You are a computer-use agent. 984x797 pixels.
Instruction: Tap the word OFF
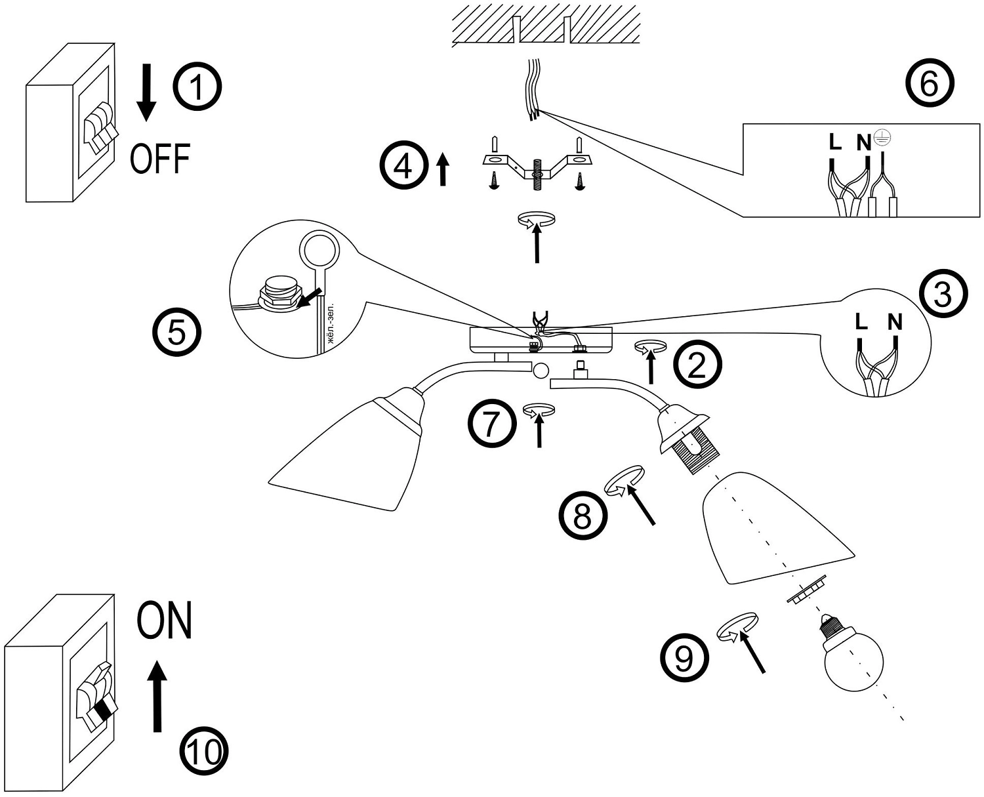(x=160, y=159)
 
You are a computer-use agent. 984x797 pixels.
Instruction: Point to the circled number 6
(x=929, y=84)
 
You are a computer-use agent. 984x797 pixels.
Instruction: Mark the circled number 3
(x=943, y=295)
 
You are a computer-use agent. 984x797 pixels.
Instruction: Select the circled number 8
(x=583, y=515)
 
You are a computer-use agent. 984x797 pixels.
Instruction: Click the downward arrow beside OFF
(x=146, y=93)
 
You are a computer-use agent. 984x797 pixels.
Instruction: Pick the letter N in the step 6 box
(x=864, y=142)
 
